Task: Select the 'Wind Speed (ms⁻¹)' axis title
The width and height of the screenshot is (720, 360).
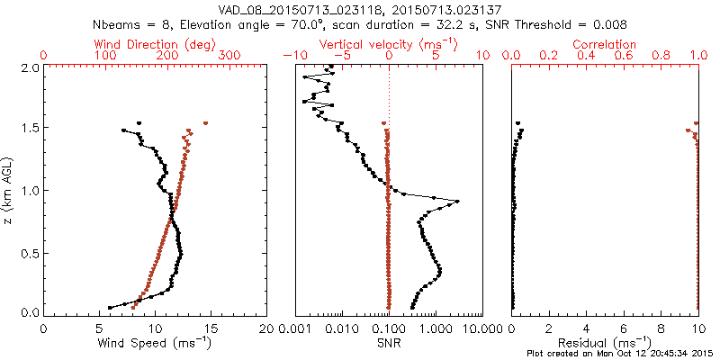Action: coord(156,343)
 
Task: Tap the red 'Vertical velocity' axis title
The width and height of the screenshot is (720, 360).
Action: coord(389,44)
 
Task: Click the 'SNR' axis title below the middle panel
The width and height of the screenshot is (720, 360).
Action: coord(389,343)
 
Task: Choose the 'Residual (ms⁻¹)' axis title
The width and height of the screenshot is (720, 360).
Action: coord(605,343)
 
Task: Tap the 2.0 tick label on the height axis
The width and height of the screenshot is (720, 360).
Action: coord(29,67)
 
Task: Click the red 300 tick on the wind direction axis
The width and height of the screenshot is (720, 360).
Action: coord(229,56)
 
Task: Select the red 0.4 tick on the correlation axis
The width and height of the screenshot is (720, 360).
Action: coord(586,56)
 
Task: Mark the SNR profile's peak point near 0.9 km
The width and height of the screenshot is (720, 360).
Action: coord(458,201)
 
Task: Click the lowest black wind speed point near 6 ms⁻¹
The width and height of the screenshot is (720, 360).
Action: coord(110,307)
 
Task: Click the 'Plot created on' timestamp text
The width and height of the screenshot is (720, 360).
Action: coord(621,353)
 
